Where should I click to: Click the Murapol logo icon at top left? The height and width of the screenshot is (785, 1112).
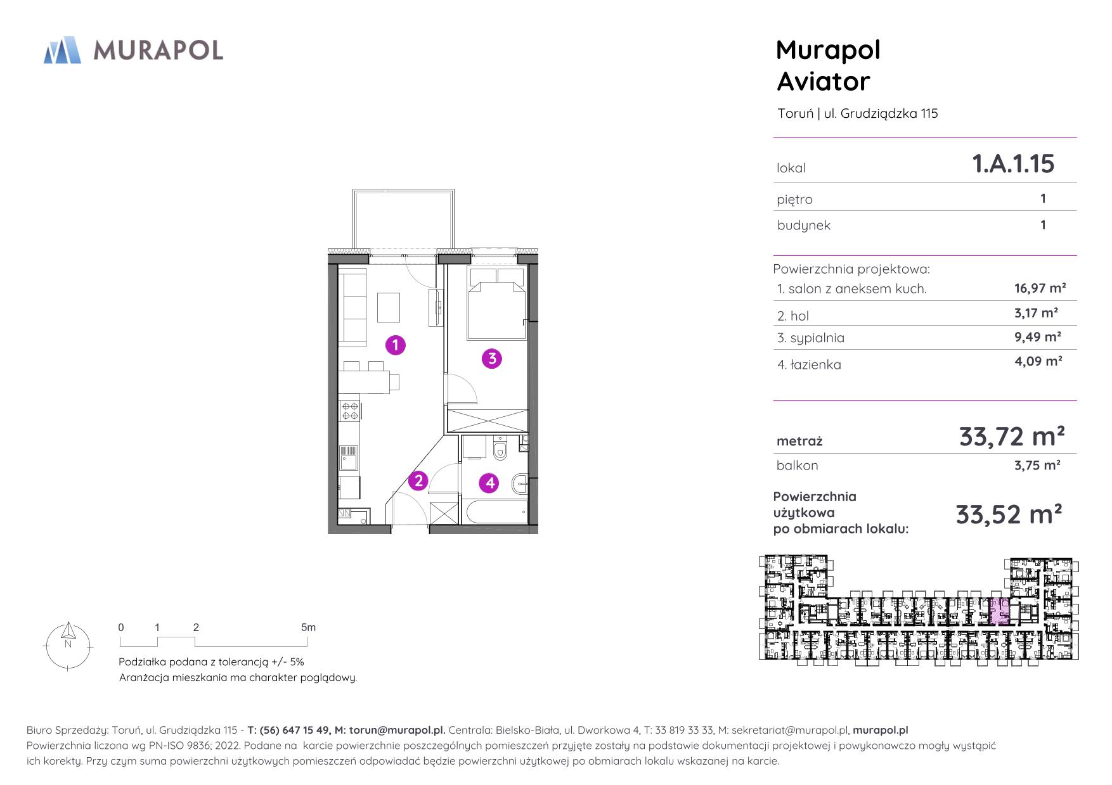pos(62,50)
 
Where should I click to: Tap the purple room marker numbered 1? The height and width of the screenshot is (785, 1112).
pos(396,345)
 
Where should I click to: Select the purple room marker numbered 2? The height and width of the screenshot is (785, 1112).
pos(418,481)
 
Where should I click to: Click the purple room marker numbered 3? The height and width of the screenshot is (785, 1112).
pos(491,359)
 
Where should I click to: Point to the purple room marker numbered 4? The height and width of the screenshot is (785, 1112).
pos(489,483)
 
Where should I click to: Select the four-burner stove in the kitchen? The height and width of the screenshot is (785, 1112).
pos(349,411)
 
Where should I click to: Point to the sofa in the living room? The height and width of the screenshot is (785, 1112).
pos(352,307)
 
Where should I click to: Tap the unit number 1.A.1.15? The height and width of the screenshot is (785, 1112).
pos(1013,163)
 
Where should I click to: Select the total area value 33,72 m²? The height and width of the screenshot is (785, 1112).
pos(1012,437)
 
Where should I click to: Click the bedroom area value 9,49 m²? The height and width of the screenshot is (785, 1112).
pos(1038,337)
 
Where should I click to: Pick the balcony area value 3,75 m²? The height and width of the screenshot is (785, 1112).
pos(1037,465)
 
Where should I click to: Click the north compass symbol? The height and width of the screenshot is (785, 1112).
pos(68,646)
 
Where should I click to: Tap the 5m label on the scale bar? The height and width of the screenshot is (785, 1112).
pos(308,627)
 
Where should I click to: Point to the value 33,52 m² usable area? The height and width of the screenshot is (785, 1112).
pos(1009,514)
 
